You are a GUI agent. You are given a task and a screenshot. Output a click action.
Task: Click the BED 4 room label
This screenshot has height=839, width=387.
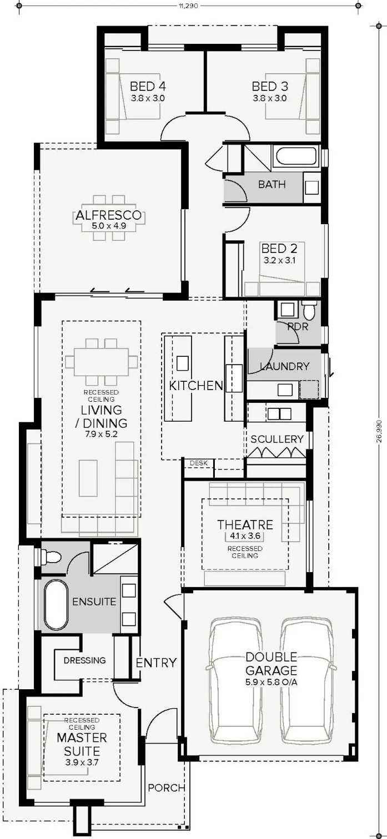pos(148,87)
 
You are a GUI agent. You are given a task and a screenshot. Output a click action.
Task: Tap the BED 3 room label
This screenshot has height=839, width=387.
pos(270,87)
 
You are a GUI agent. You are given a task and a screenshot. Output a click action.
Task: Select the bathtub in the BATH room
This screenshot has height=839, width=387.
pos(296,158)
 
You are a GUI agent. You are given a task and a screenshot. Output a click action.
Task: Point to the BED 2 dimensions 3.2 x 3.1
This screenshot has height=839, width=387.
pos(279,260)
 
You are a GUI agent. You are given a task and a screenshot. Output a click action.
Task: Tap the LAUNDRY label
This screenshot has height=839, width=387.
pos(284,366)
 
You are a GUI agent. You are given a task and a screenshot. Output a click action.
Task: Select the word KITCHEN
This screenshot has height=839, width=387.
pos(196,386)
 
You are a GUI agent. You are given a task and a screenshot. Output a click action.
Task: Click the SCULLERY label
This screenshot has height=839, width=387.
pos(277,439)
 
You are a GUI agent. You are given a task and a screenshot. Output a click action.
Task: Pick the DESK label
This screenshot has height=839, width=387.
pos(199,463)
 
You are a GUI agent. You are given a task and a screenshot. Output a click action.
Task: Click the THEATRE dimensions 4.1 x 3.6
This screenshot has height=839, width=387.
pos(245,536)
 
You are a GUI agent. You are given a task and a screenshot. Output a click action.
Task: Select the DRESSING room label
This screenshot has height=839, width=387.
pos(84,660)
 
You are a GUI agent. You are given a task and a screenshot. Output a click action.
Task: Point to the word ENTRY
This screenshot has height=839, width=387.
pos(156,663)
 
